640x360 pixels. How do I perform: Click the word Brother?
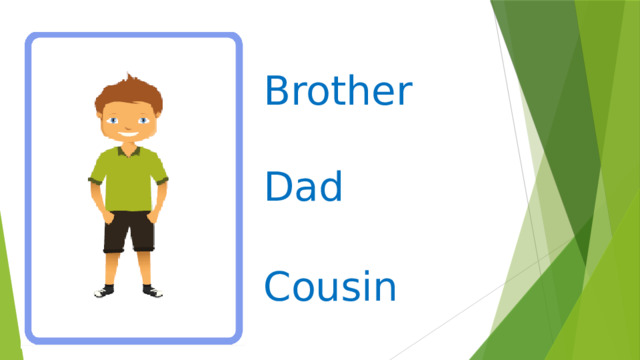tap(337, 92)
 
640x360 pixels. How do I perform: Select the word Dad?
tap(304, 187)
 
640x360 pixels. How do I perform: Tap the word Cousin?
tap(331, 288)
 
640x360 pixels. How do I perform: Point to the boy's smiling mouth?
tap(126, 134)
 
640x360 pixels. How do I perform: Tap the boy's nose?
tap(126, 125)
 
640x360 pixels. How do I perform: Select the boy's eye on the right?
tap(140, 120)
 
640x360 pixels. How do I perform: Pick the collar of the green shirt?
tap(127, 153)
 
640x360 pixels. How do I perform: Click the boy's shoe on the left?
tap(105, 291)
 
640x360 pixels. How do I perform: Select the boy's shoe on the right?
tap(151, 291)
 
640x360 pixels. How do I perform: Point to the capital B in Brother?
tap(277, 92)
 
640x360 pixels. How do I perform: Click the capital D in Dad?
tap(278, 187)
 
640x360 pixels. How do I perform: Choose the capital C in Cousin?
tap(278, 288)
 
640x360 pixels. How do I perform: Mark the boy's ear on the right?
tap(156, 122)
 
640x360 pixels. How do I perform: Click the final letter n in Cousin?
tap(387, 291)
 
